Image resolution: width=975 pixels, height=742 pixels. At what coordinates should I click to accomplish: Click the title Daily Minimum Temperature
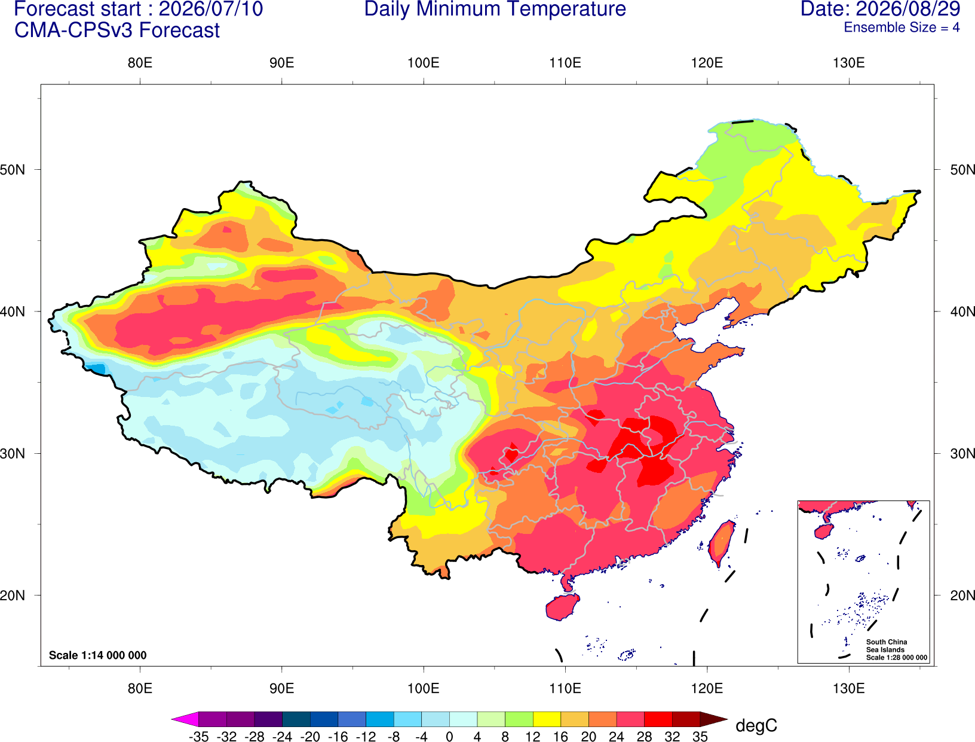pos(495,9)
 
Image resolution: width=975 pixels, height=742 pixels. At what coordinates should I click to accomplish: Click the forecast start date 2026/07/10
pos(211,9)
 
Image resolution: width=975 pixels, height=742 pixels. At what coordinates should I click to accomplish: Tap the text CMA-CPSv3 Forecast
pos(117,30)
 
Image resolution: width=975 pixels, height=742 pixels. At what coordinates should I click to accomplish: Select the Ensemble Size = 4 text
pos(902,28)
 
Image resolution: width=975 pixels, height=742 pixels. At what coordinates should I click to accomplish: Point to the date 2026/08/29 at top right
pos(908,9)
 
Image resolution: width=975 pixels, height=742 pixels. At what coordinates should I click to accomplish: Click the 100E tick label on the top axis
pos(424,63)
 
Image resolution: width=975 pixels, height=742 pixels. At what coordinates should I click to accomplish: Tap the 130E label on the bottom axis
pos(848,689)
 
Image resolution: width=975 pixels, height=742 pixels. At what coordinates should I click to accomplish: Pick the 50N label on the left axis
pos(13,170)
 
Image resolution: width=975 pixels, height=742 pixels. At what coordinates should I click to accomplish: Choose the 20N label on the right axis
pos(962,596)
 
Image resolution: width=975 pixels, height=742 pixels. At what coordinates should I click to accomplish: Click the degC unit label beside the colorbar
pos(756,725)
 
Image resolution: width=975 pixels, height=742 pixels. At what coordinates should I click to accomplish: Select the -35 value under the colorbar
pos(198,737)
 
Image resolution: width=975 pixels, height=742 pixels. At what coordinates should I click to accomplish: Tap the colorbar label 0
pos(449,737)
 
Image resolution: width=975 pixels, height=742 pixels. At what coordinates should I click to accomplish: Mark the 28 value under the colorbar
pos(644,737)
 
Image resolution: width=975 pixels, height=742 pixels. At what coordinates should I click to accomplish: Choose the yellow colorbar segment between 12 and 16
pos(547,719)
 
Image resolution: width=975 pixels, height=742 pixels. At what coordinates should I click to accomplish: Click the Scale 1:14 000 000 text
pos(98,655)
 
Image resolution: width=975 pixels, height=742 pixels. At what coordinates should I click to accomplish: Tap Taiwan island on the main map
pos(721,543)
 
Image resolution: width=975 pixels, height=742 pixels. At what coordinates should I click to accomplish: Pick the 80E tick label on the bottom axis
pos(140,689)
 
